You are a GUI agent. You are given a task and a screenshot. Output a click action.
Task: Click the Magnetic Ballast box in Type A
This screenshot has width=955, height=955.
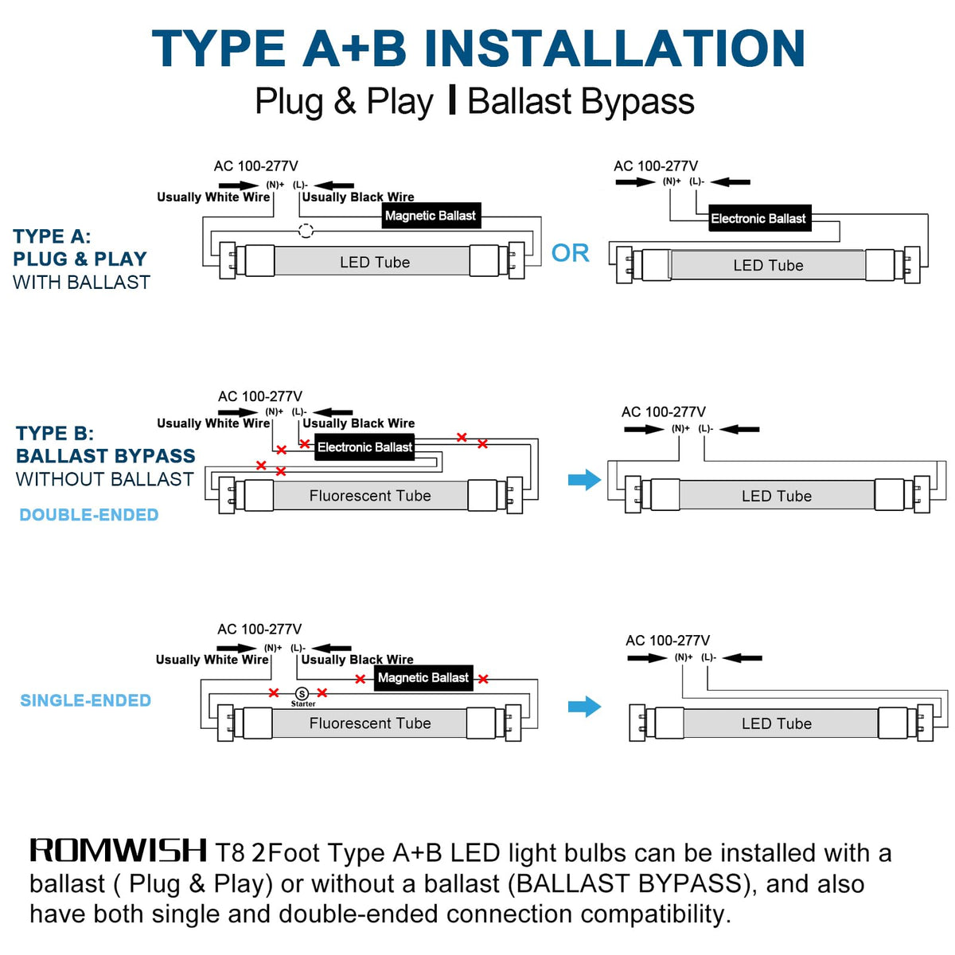[x=431, y=216]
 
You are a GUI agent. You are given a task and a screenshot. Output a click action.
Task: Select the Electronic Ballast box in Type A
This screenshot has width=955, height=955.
[x=759, y=218]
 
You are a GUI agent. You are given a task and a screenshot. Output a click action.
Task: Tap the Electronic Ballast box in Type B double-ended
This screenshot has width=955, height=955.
[x=364, y=447]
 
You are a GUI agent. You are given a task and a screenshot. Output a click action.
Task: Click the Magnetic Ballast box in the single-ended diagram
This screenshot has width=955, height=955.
[x=423, y=677]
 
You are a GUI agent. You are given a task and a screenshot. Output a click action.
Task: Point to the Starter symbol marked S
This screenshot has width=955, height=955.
[x=302, y=694]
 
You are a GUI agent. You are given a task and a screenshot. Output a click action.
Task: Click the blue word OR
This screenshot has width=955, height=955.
[x=571, y=253]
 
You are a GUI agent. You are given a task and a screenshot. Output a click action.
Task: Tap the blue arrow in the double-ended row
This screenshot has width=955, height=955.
[x=584, y=479]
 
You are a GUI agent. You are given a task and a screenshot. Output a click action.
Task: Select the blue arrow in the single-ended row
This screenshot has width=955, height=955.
[x=584, y=706]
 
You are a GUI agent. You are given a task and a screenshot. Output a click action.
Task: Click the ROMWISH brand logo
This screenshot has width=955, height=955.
[x=118, y=851]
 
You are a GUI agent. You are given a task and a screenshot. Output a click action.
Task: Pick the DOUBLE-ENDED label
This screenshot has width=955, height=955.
[x=89, y=515]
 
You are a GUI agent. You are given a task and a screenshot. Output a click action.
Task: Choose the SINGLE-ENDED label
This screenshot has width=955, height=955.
[x=86, y=700]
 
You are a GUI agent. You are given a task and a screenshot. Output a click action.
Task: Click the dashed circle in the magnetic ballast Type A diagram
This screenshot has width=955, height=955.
[x=306, y=231]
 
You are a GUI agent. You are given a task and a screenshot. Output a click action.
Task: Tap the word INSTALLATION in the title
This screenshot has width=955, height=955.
[x=614, y=48]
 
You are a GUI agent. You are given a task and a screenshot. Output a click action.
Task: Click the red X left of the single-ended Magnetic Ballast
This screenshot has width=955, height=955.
[x=361, y=679]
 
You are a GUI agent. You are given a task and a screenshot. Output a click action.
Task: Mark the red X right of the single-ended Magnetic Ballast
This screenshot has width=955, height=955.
[x=483, y=679]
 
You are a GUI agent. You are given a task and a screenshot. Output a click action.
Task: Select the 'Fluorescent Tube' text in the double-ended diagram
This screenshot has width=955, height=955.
[x=370, y=496]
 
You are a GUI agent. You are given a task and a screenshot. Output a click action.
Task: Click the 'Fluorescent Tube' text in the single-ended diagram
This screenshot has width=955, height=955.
[x=370, y=723]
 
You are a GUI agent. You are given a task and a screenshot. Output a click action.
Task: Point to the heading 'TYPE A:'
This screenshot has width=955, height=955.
[x=52, y=236]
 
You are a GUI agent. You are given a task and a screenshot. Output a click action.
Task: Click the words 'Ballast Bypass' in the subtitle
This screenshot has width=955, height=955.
[x=581, y=102]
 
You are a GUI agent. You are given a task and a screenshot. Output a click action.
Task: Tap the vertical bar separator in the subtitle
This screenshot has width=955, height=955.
[x=451, y=100]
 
